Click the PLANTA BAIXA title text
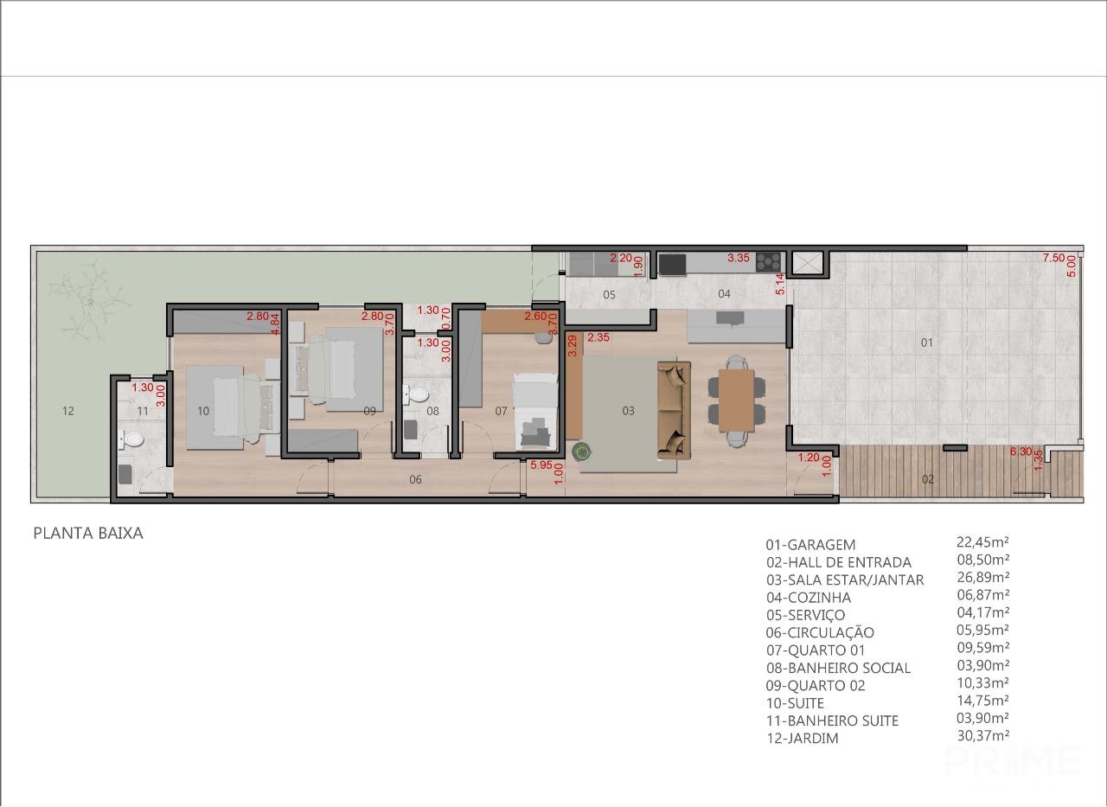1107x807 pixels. (88, 533)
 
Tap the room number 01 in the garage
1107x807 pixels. (926, 342)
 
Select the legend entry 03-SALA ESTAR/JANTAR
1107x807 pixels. (845, 580)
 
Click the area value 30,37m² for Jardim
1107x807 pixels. (983, 736)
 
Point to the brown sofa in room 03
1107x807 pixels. (674, 410)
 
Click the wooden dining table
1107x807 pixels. (736, 400)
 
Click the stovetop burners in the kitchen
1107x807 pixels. (768, 261)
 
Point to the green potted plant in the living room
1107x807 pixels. (582, 451)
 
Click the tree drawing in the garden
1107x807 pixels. (89, 303)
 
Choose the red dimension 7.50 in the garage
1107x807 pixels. (1053, 258)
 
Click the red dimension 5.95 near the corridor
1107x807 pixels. (541, 465)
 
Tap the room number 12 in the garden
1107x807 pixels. (68, 411)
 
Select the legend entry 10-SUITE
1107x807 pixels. (795, 702)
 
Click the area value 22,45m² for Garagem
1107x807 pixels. (982, 542)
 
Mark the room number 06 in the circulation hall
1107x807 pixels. (415, 479)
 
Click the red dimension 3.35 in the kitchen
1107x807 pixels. (739, 258)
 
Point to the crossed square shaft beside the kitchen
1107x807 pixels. (808, 262)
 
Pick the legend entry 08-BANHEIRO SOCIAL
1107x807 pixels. (838, 668)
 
